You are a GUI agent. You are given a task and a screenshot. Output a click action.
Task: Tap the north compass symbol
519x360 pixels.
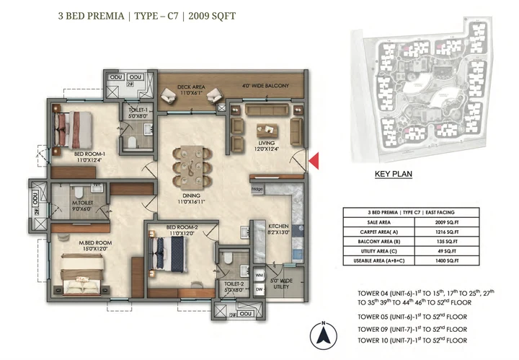[x=324, y=335]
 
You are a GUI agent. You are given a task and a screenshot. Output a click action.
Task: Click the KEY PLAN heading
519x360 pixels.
[x=392, y=174]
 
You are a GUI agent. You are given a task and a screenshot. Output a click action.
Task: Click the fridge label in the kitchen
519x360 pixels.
[x=257, y=190]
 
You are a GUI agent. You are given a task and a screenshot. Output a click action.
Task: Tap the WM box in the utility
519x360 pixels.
[x=259, y=275]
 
